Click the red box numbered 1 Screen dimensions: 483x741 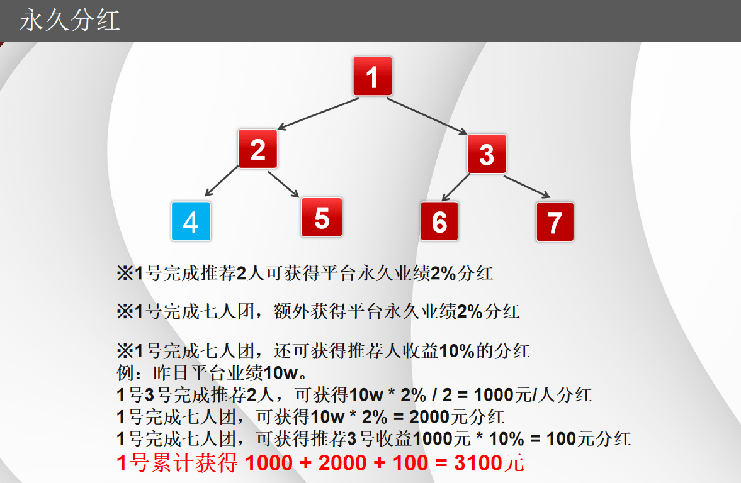point(372,77)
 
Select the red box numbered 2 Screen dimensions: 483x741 point(257,149)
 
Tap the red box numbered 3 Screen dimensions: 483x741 point(487,153)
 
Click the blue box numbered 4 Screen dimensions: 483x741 point(191,221)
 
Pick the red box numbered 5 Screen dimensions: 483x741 point(322,217)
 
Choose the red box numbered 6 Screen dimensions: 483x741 point(439,221)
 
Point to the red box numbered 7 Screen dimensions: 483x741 point(555,221)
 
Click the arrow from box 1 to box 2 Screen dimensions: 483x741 point(318,114)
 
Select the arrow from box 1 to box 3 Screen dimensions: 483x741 point(426,116)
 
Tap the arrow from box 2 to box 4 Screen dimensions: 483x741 point(222,181)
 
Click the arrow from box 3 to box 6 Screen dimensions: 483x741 point(455,187)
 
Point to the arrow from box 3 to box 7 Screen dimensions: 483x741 point(527,186)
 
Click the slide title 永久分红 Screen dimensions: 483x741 point(69,21)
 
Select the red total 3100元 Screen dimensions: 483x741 point(489,464)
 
